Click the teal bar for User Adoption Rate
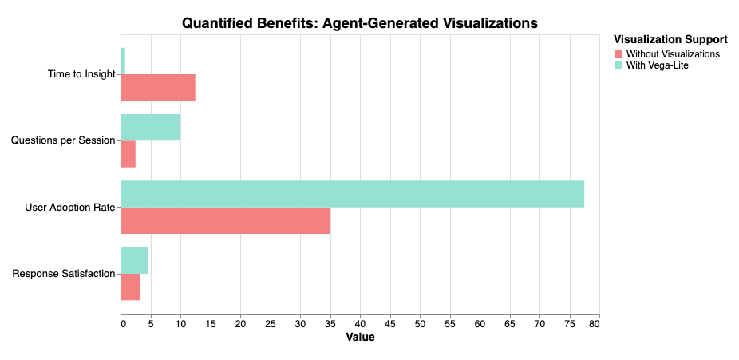352,194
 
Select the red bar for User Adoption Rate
225,221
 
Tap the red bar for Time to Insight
158,88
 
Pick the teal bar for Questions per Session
150,128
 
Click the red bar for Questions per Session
128,154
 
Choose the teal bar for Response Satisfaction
134,261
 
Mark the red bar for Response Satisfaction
130,287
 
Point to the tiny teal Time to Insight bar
123,61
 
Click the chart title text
360,23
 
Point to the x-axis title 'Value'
360,338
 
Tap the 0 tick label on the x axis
121,323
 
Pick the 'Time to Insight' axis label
81,75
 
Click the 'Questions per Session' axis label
63,141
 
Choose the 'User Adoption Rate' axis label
70,208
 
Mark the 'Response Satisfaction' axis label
64,275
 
